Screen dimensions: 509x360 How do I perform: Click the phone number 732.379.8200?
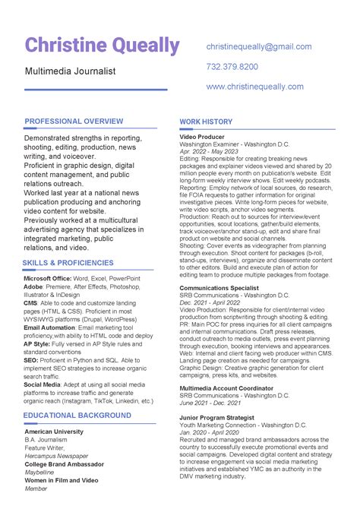coord(232,67)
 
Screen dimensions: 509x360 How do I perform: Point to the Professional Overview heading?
coord(74,122)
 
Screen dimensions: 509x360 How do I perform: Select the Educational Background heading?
coord(77,416)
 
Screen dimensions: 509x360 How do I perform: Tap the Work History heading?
coord(206,122)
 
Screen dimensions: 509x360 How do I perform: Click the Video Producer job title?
coord(201,137)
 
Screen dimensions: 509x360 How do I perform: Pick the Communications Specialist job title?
coord(219,289)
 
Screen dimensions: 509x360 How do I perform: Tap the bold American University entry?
coord(54,432)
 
